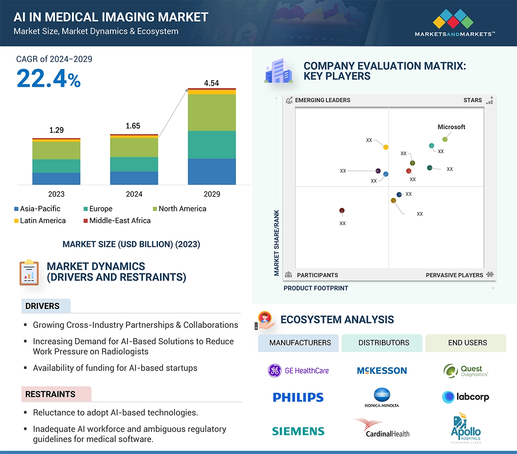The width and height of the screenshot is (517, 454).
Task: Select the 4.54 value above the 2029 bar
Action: (x=211, y=83)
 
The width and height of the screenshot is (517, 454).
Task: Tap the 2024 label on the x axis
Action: (x=134, y=194)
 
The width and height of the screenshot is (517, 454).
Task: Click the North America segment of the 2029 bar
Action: (x=211, y=112)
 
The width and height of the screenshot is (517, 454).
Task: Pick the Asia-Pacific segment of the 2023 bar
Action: (x=56, y=178)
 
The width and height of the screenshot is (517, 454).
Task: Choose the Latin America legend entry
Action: (x=40, y=220)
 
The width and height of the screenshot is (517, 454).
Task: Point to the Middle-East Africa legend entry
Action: (x=117, y=220)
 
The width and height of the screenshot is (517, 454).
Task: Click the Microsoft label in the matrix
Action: (x=451, y=127)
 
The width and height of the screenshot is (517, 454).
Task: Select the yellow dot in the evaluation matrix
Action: (x=386, y=147)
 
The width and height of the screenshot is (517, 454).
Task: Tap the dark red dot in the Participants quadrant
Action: (x=342, y=211)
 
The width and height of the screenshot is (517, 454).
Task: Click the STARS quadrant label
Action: (x=472, y=100)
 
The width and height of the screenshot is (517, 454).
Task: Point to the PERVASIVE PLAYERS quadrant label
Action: (x=454, y=275)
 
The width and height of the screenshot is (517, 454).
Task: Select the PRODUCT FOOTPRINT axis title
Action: (x=316, y=288)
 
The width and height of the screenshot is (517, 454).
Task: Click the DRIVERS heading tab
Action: (x=42, y=306)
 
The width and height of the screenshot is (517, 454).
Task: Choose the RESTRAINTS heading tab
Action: (x=50, y=394)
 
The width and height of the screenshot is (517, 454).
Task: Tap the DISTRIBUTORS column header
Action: (x=384, y=342)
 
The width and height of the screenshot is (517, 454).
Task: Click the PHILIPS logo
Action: (x=298, y=397)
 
